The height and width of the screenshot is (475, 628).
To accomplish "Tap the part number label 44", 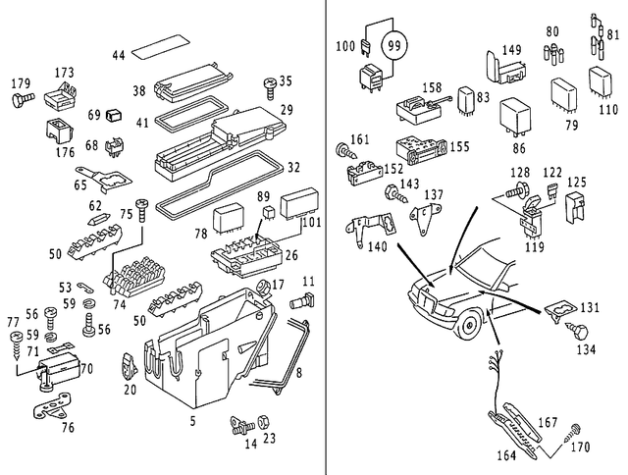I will point(119,56).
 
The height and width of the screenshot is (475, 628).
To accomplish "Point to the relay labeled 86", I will point(515,115).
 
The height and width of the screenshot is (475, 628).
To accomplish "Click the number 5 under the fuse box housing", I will point(191,421).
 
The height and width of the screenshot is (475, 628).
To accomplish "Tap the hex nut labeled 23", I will point(263,423).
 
